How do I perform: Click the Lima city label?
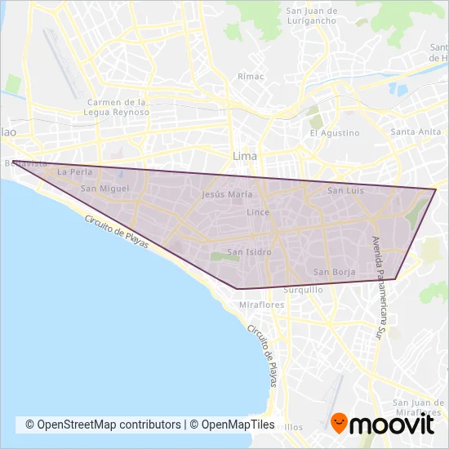244,155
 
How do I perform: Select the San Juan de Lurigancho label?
311,16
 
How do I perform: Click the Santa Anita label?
416,132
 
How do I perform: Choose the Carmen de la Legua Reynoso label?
117,107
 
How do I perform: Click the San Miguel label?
100,189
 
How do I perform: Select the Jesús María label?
224,195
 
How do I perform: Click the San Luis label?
345,190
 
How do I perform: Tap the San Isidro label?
247,251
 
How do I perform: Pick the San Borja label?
334,272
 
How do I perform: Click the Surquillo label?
303,290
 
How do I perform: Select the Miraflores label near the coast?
260,305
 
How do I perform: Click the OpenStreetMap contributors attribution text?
103,425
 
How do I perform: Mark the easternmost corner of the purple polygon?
436,189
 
